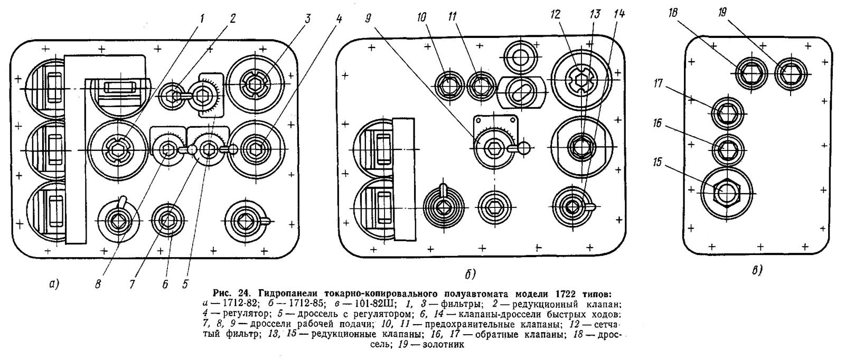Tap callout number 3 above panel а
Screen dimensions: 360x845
[307, 18]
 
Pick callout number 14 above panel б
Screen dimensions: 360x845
[619, 15]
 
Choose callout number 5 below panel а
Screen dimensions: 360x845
[185, 283]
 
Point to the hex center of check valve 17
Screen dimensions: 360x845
[727, 112]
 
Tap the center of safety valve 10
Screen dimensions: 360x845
[449, 84]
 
